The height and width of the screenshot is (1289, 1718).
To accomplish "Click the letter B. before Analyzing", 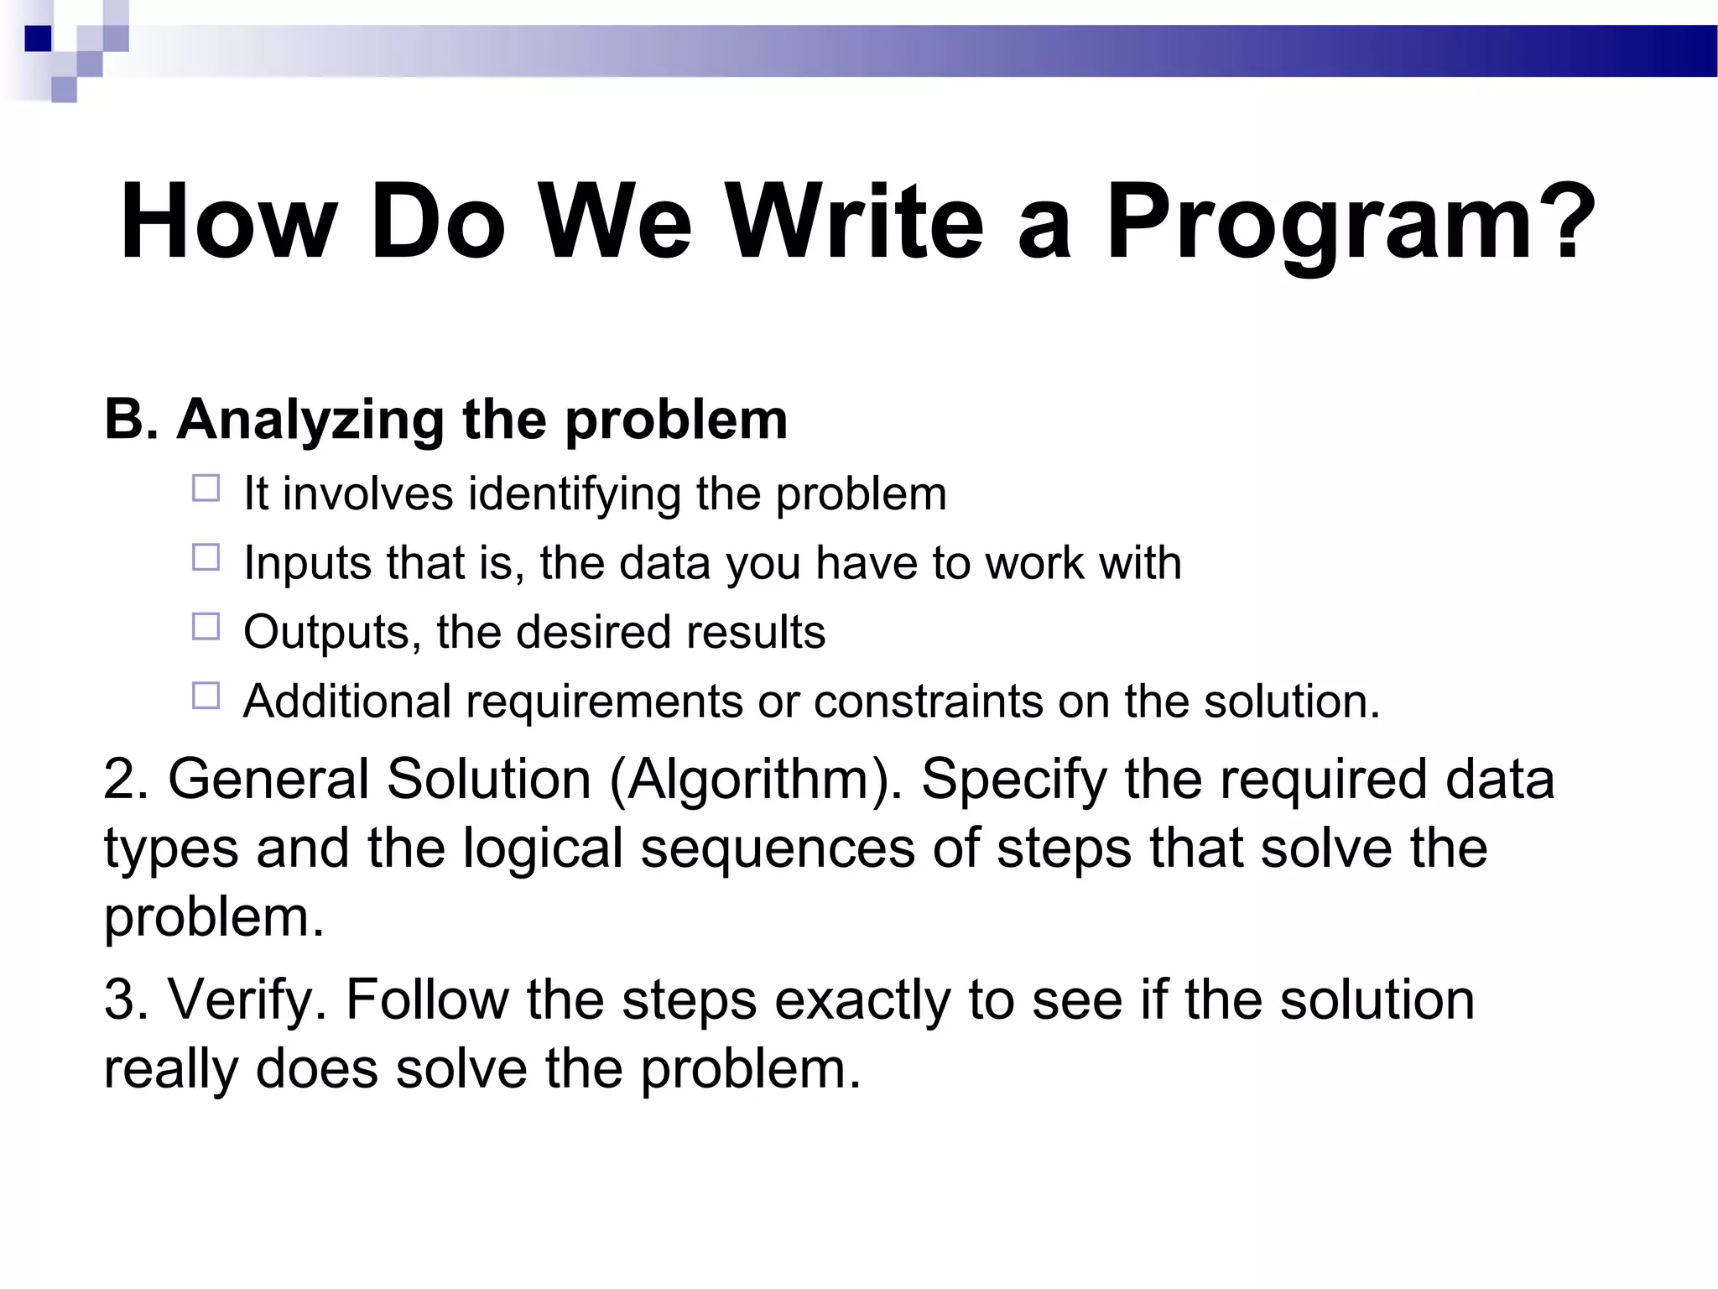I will coord(131,419).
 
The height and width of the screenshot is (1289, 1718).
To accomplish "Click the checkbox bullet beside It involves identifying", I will coord(206,488).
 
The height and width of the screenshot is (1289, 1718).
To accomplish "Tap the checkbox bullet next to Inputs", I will coord(206,557).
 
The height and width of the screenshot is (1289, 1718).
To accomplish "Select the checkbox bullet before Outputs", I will coord(206,626).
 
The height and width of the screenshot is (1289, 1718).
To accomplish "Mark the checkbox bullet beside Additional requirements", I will coord(206,696).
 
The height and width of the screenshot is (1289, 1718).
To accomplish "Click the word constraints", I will coord(928,702).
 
